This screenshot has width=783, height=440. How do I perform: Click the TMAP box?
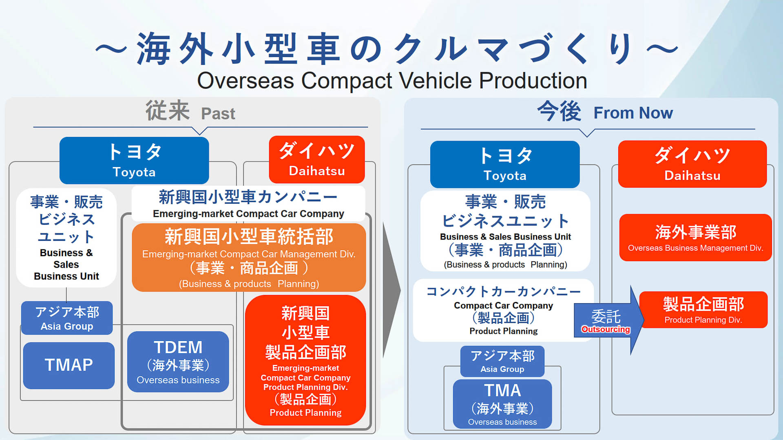tap(69, 365)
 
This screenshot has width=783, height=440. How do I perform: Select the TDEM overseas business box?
tap(178, 362)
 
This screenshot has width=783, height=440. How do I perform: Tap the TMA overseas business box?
tap(502, 404)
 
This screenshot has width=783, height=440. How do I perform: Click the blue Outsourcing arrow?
tap(606, 321)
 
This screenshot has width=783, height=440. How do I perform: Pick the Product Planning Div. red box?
tap(703, 310)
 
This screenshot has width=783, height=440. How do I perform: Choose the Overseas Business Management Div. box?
tap(695, 238)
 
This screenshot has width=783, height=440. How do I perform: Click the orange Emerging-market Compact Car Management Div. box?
tap(249, 257)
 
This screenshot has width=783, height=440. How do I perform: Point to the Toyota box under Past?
tap(134, 161)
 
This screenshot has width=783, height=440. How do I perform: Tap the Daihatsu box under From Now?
tap(692, 164)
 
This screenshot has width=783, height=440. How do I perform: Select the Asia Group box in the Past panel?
tap(67, 318)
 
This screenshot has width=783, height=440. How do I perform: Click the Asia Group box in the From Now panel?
tap(502, 361)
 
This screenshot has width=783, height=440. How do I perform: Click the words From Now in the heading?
tap(633, 113)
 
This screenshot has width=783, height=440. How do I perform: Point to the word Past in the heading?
tap(218, 114)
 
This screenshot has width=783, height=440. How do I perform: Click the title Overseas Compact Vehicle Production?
tap(392, 81)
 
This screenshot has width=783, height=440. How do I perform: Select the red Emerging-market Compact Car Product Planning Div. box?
tap(305, 360)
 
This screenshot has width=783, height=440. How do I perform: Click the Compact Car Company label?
tap(503, 306)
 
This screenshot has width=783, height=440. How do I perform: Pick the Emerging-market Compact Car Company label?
tap(248, 213)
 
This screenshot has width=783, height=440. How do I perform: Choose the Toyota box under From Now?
tap(504, 165)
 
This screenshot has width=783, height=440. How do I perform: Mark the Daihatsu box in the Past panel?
tap(316, 160)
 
